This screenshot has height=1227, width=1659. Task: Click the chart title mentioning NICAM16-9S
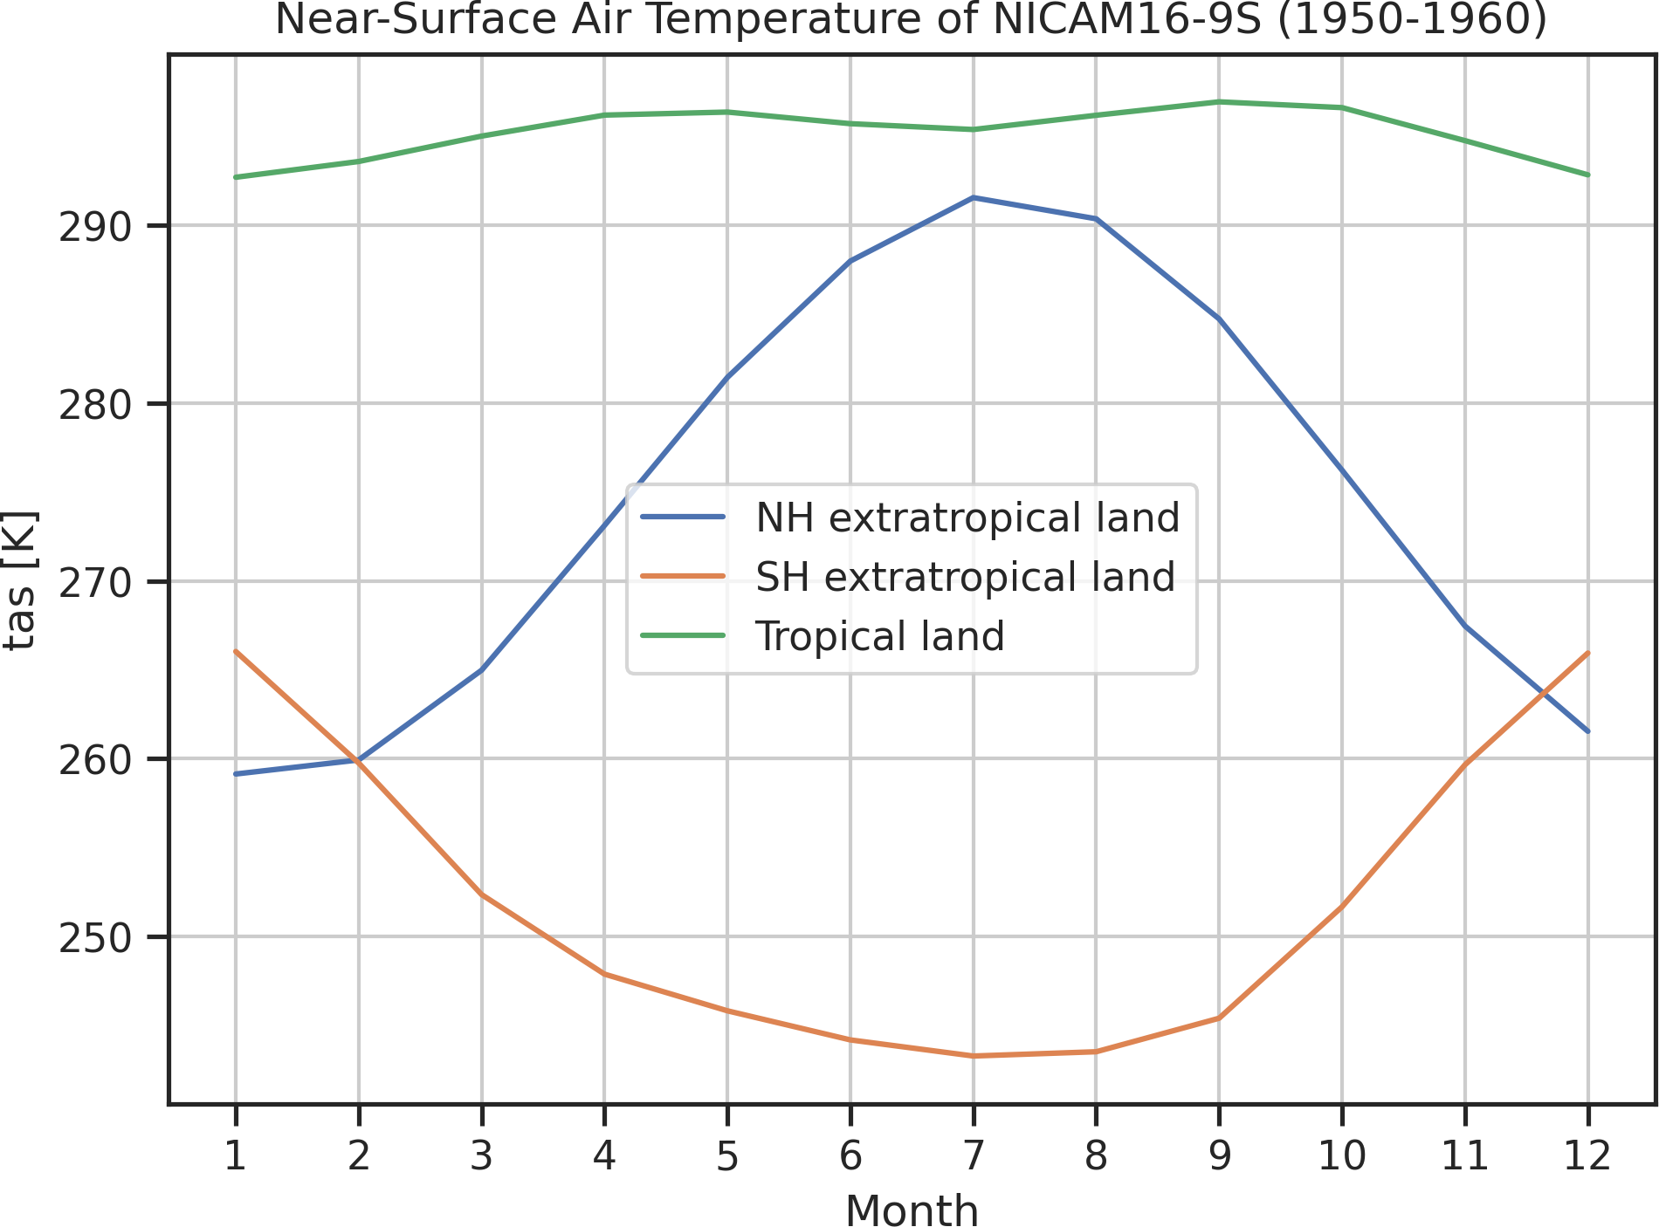pos(911,19)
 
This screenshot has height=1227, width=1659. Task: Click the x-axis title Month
pos(912,1210)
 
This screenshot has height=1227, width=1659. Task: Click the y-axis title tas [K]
pos(20,579)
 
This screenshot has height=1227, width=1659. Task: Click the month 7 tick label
pos(973,1156)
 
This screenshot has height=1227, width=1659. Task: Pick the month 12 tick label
pos(1587,1156)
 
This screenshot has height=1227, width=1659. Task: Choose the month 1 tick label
pos(235,1156)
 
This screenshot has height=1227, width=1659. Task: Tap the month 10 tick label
pos(1341,1156)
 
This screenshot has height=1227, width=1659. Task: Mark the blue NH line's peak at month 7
pos(973,197)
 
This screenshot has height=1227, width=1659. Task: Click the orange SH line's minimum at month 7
pos(973,1056)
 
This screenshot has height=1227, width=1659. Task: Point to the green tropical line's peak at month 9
pos(1219,102)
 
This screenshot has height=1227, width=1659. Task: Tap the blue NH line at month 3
pos(481,670)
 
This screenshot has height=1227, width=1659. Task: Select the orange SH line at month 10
pos(1341,908)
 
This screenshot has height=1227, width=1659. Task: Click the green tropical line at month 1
pos(235,177)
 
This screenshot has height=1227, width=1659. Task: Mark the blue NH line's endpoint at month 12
pos(1587,731)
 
